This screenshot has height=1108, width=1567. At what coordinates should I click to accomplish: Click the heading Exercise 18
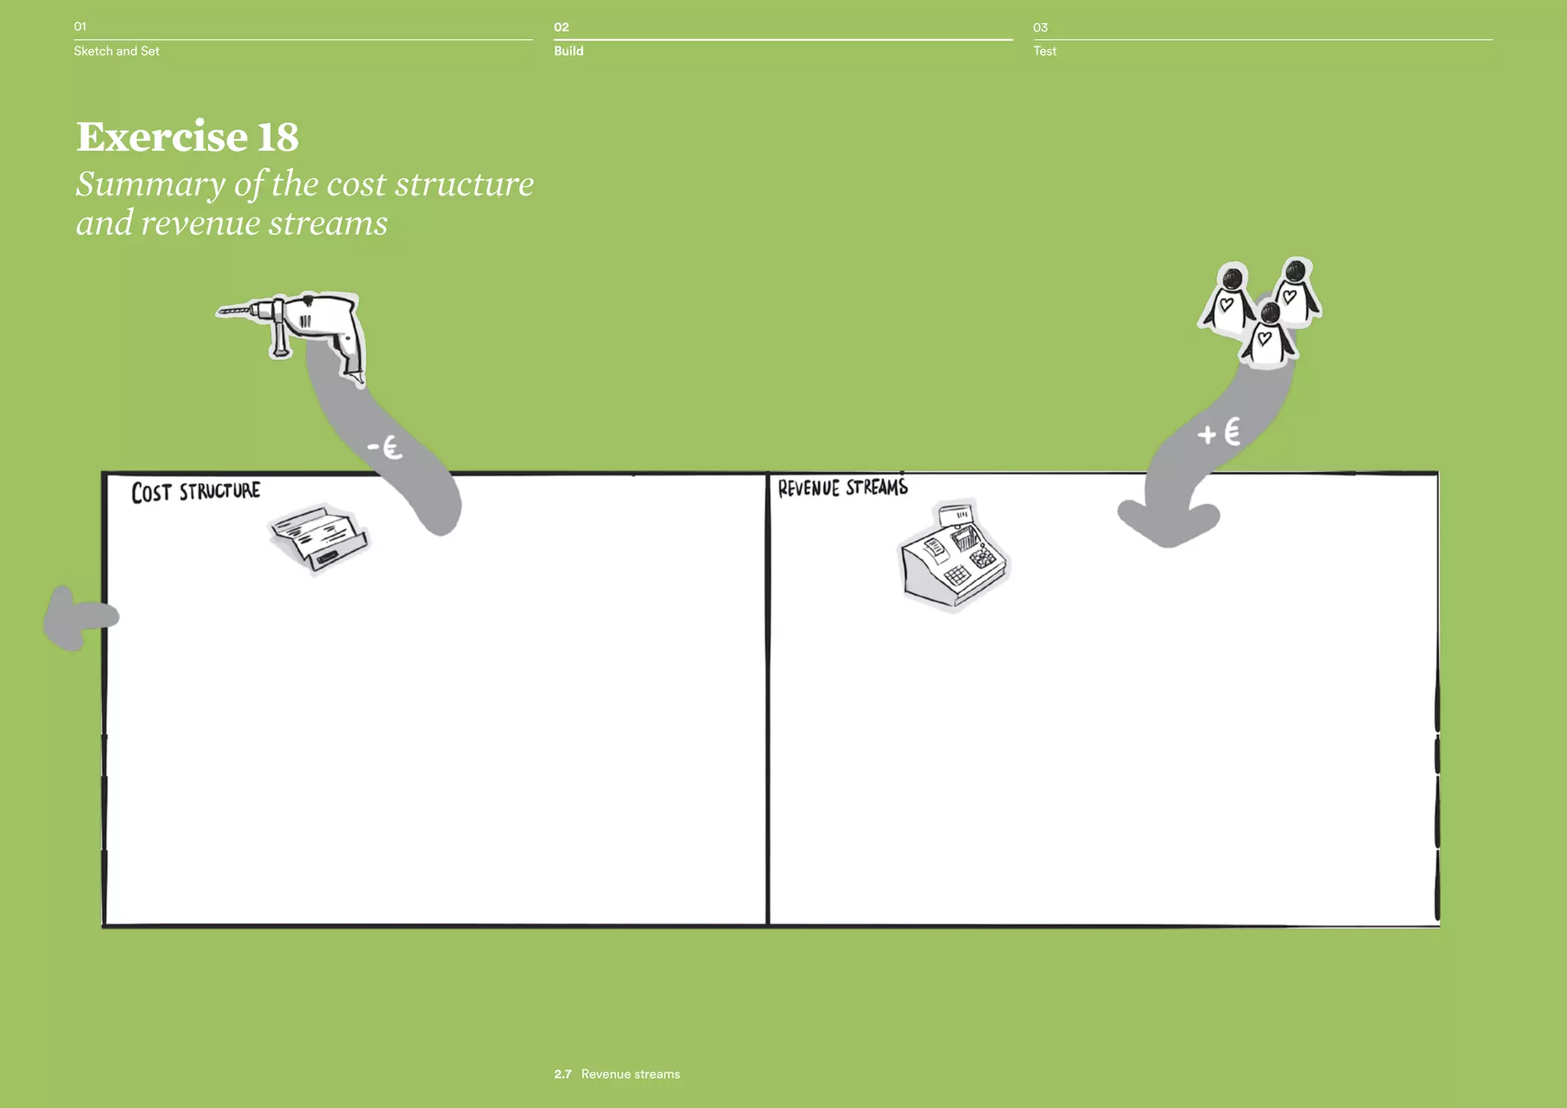(x=187, y=137)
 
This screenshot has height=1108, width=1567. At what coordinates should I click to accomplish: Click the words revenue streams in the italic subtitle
(x=264, y=223)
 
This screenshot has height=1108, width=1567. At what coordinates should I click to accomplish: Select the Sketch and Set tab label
(x=116, y=51)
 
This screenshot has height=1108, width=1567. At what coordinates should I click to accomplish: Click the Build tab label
(x=568, y=51)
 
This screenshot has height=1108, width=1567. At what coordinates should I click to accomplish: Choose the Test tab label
(x=1044, y=51)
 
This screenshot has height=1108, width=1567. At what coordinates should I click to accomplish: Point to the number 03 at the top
(x=1040, y=28)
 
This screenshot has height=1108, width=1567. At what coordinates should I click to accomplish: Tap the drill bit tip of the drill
(x=222, y=311)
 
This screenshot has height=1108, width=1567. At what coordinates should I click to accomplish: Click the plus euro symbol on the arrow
(x=1219, y=433)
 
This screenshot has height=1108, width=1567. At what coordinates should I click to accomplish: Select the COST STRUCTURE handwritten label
(x=196, y=491)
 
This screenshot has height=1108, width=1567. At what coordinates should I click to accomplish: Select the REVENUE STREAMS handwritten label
(x=842, y=488)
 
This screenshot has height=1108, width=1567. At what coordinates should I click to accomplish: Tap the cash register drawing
(x=953, y=556)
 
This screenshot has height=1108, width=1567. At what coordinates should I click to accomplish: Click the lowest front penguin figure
(x=1268, y=335)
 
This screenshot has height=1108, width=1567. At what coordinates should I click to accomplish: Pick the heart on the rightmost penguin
(x=1290, y=295)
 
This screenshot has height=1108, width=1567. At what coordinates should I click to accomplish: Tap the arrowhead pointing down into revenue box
(x=1168, y=526)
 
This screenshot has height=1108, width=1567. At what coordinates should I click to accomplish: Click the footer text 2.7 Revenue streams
(x=617, y=1074)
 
